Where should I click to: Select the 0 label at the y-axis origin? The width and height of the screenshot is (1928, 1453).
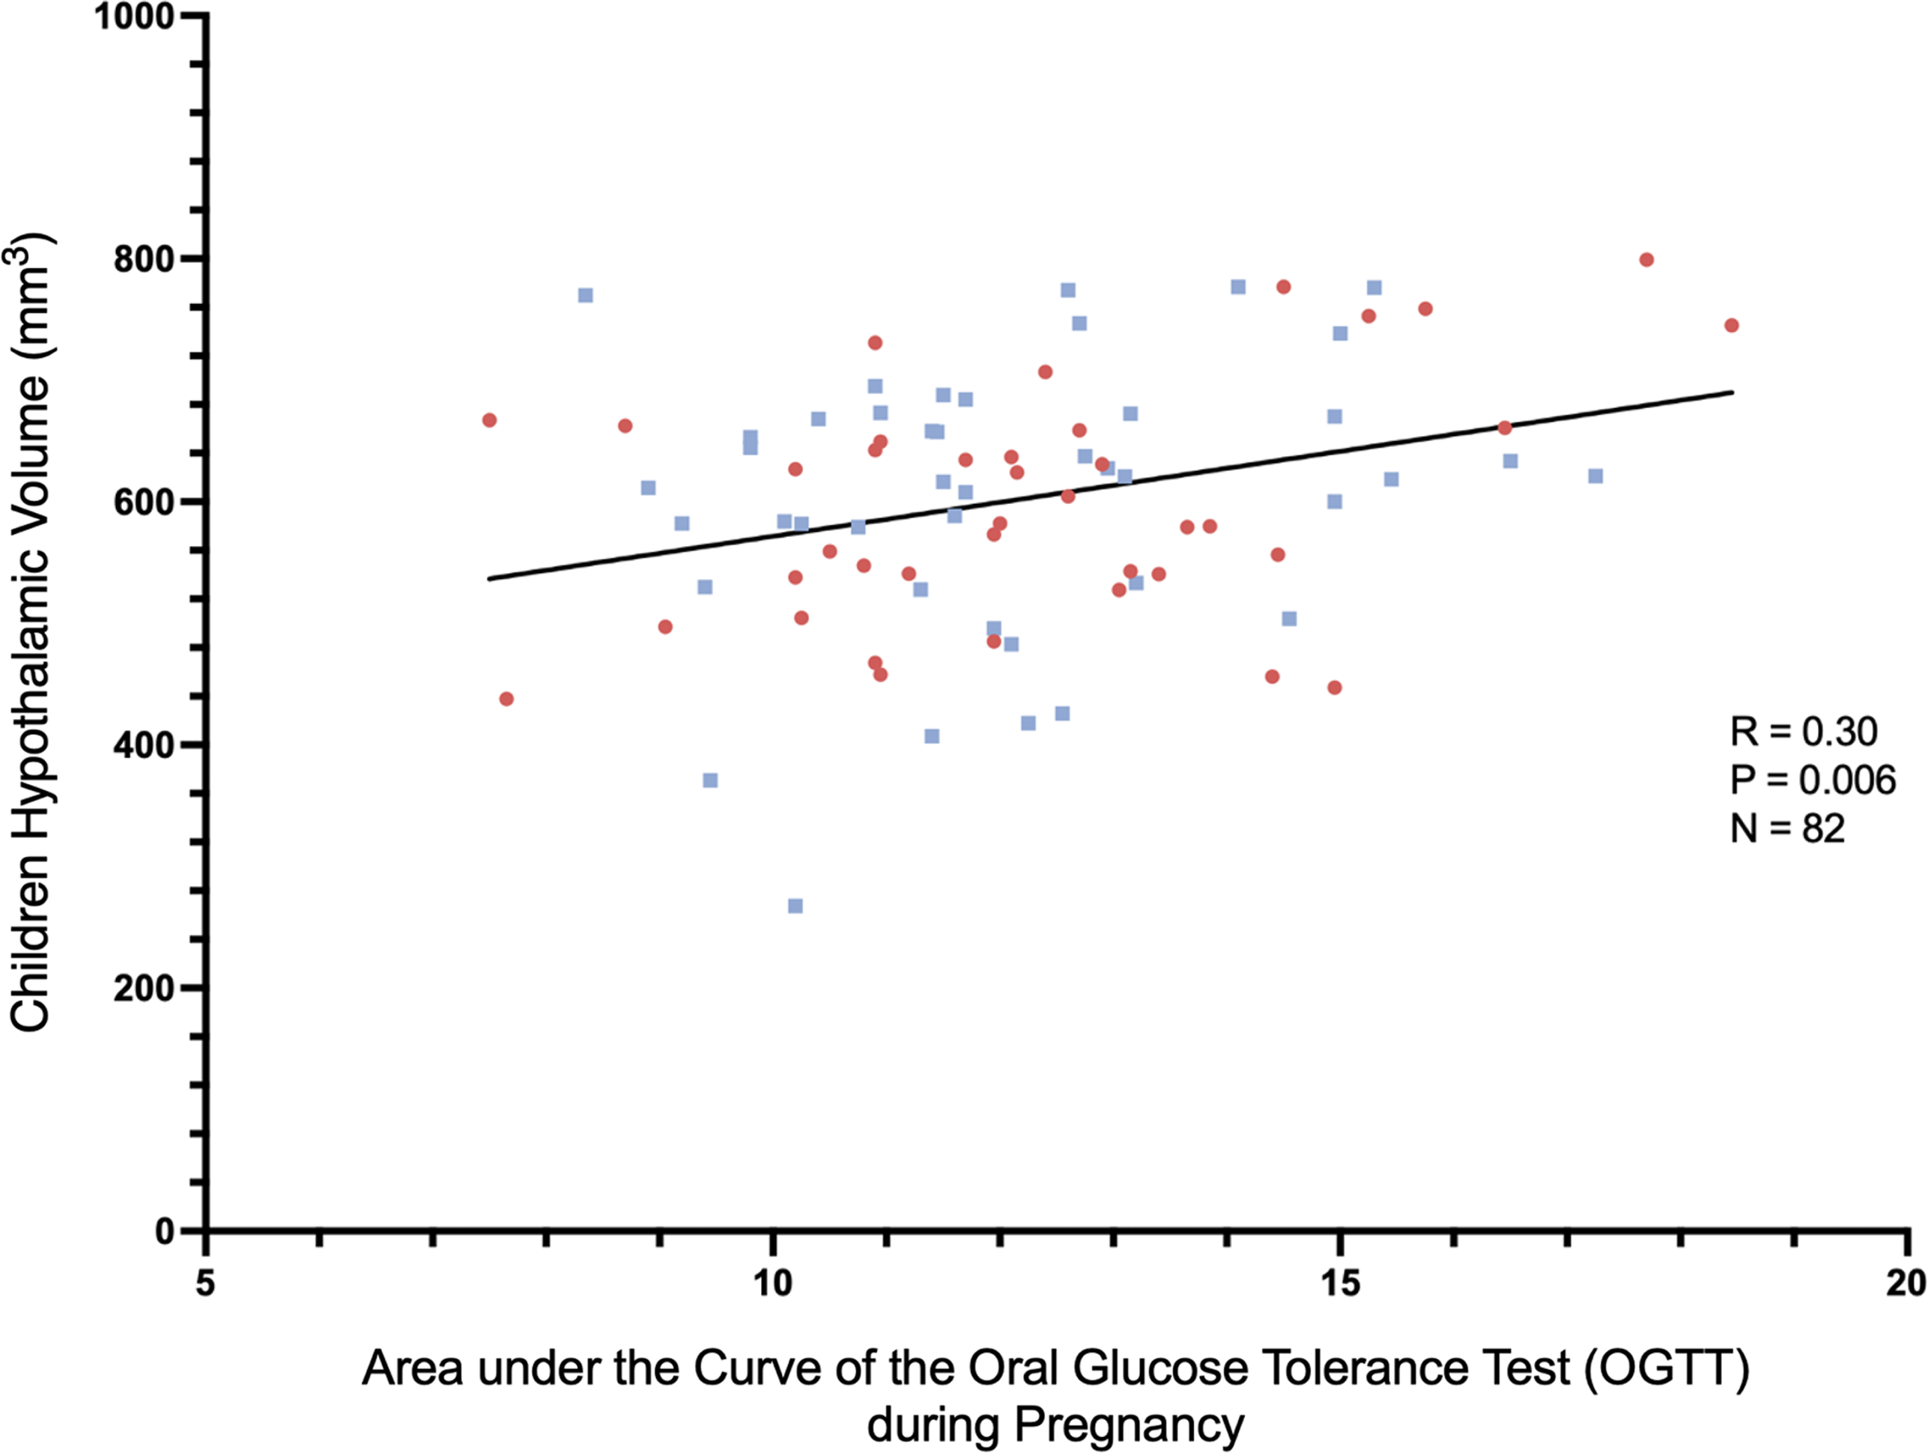click(165, 1231)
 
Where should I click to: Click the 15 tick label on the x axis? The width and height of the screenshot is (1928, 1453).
click(1339, 1283)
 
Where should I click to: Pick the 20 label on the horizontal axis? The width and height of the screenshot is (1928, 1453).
click(1906, 1283)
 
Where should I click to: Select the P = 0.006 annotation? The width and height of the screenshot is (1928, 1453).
click(1812, 780)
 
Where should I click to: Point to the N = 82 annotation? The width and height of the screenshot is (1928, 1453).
click(1786, 828)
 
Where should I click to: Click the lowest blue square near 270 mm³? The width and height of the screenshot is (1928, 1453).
click(795, 906)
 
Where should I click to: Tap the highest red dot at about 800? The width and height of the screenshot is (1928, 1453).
click(1646, 260)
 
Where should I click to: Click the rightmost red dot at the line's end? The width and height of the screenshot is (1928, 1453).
click(1732, 326)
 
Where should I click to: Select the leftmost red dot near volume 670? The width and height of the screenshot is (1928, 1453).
click(489, 420)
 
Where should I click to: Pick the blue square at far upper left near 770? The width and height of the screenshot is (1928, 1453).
click(586, 296)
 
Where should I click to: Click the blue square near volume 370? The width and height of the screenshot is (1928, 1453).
click(710, 780)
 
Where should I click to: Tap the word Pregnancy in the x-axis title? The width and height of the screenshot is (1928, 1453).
click(1129, 1426)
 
